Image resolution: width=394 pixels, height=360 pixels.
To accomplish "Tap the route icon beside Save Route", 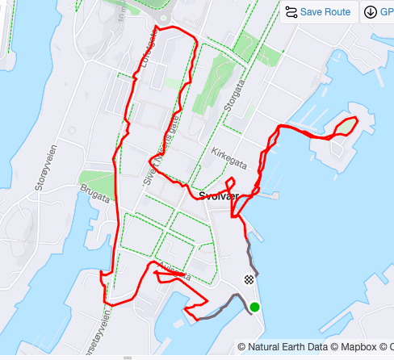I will tap(291, 12).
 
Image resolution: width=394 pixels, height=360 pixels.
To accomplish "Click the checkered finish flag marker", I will tap(249, 280).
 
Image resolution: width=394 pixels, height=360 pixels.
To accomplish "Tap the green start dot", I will tap(255, 307).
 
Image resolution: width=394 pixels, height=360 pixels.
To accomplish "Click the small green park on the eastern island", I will tap(346, 126).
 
